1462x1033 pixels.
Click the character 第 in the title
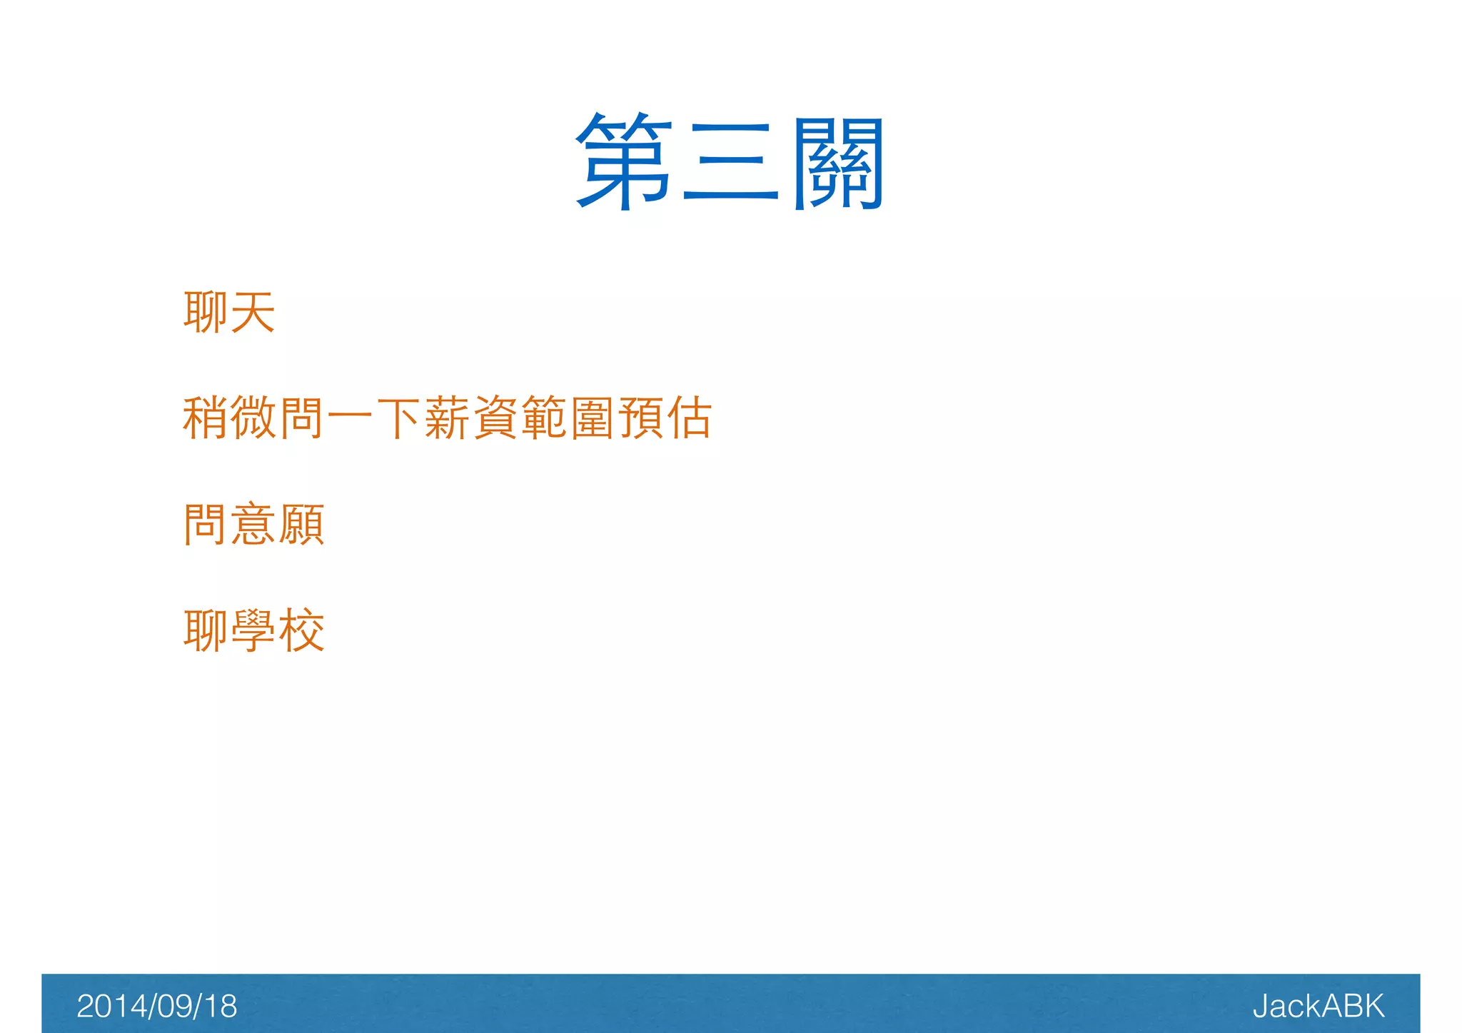click(624, 161)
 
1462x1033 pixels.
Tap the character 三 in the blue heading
click(730, 161)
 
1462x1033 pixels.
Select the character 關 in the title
click(839, 163)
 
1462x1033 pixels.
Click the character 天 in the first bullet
click(253, 313)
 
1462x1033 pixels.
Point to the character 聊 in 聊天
click(206, 313)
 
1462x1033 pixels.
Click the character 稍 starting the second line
click(206, 418)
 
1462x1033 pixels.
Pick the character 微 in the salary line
click(254, 418)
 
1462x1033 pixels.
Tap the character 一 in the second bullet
click(351, 418)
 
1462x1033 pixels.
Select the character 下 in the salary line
click(398, 418)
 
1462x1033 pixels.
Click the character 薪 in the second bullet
click(447, 418)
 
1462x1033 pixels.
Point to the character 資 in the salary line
click(495, 418)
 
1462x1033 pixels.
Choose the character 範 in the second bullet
click(544, 418)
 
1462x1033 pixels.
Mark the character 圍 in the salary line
click(593, 418)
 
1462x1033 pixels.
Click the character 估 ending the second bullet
click(690, 418)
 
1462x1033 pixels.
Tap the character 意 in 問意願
click(254, 524)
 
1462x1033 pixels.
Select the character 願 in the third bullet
click(303, 524)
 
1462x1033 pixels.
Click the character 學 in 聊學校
click(254, 630)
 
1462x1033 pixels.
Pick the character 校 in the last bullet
click(303, 630)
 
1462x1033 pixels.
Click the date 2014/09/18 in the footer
click(156, 1006)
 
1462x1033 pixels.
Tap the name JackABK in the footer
click(1318, 1006)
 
